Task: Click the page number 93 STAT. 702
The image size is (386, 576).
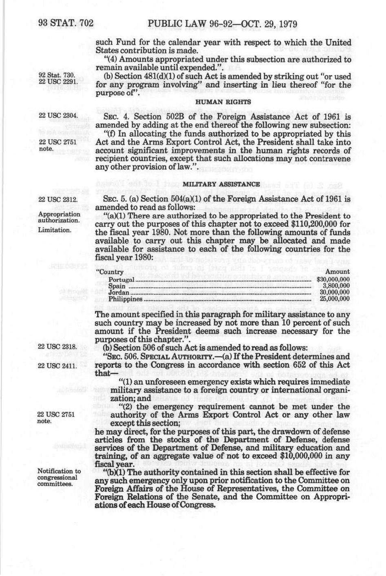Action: (x=65, y=24)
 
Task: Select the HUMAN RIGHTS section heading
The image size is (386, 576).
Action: (x=223, y=102)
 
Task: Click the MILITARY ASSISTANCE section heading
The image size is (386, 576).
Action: (x=221, y=184)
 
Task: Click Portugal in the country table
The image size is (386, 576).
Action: (x=122, y=280)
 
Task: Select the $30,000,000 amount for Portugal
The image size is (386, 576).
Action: (x=333, y=280)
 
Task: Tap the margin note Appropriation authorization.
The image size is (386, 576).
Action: (x=59, y=217)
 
